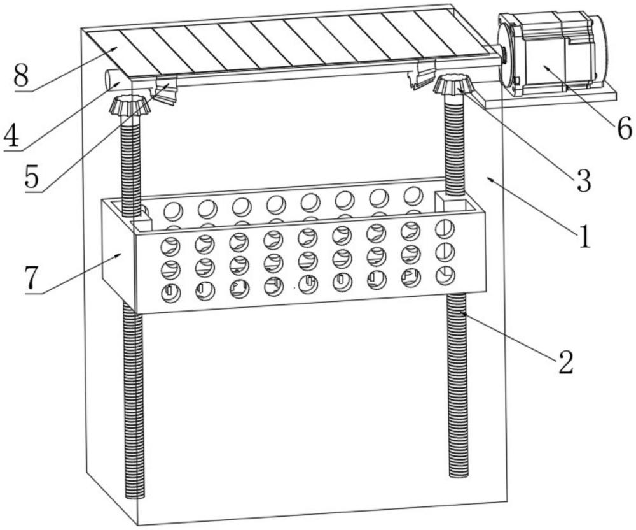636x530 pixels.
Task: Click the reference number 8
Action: [22, 76]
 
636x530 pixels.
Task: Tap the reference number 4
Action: [11, 136]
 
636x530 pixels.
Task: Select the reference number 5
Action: [32, 175]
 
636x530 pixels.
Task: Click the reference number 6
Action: [624, 127]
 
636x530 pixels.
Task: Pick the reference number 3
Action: [583, 181]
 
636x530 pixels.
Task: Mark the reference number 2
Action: [565, 362]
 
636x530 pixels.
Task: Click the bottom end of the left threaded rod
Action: [135, 496]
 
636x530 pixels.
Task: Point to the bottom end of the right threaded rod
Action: [459, 474]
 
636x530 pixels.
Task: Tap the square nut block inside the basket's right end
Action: [451, 202]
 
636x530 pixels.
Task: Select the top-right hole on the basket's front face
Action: [445, 229]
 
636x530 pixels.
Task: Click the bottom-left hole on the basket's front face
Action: [170, 293]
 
